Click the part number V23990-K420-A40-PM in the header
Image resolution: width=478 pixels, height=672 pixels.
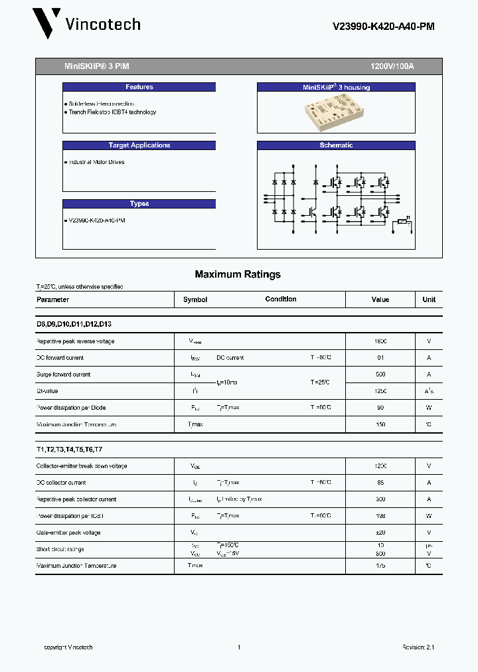[383, 27]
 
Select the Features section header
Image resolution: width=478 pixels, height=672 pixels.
[139, 87]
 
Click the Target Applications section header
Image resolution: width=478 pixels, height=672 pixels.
[139, 145]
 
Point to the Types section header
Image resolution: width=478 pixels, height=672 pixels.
[139, 204]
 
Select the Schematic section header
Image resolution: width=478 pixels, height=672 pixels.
[336, 145]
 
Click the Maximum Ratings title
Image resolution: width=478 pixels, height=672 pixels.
[238, 274]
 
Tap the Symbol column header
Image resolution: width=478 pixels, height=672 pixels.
[195, 299]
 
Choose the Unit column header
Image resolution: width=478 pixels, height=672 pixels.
[429, 299]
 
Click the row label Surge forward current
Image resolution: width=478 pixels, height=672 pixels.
[63, 375]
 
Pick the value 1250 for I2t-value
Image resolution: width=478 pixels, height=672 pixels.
[380, 391]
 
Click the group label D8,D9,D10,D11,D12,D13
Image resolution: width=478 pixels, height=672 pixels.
[74, 324]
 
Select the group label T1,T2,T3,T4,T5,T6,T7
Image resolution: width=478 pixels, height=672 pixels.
[74, 450]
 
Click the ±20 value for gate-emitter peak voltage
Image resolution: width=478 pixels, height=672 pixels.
[380, 533]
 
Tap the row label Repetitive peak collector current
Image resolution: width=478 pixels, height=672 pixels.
[76, 499]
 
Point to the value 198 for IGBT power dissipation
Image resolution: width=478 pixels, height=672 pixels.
[380, 516]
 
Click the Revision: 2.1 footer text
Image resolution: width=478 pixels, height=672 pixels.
[418, 647]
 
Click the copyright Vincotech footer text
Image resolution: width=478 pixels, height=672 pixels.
[68, 647]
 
